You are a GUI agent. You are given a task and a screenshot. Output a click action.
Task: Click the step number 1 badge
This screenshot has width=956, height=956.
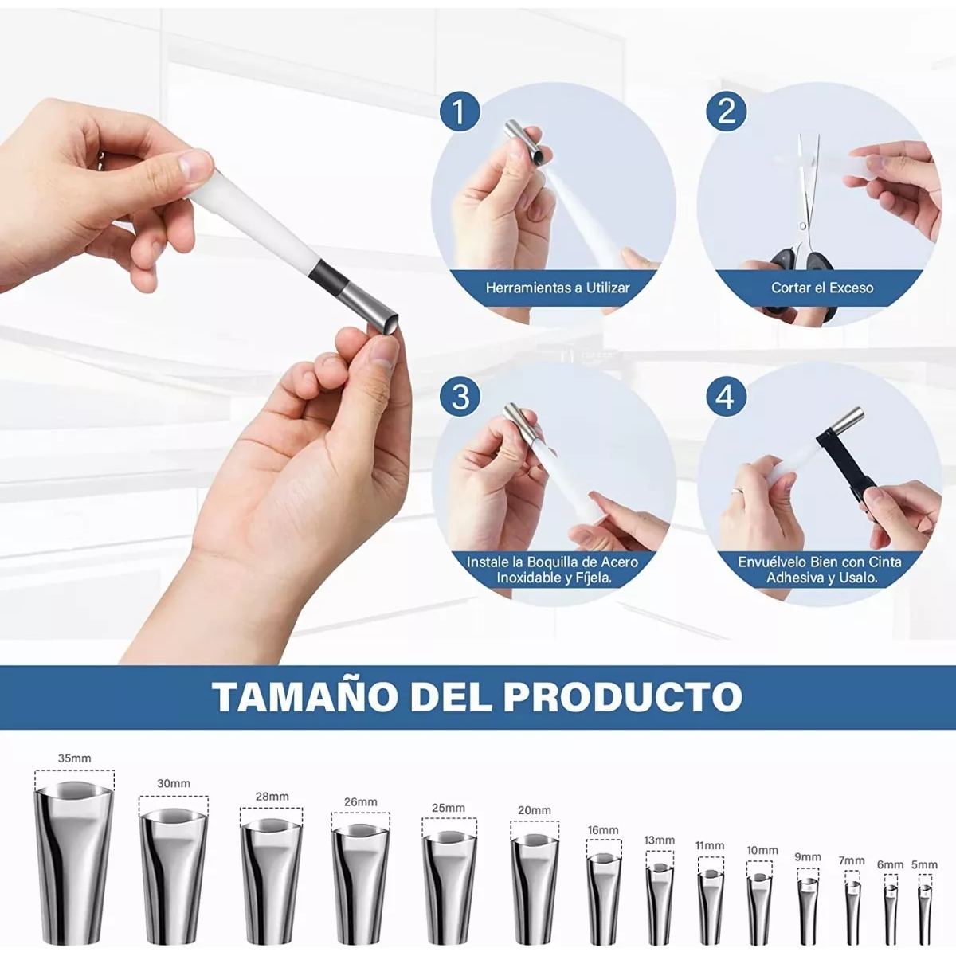point(460,112)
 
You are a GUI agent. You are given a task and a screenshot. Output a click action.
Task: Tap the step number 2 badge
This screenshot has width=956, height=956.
point(726,112)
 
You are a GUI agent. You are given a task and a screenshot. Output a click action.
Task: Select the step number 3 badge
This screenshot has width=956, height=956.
point(460,396)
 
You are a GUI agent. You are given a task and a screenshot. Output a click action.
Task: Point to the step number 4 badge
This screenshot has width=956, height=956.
point(726,396)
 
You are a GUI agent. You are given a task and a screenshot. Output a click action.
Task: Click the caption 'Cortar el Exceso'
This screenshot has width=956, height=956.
point(821,288)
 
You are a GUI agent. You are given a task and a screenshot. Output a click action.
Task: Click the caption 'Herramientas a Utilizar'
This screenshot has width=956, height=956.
point(558,288)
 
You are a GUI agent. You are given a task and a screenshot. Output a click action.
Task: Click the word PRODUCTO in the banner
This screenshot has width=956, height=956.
point(622,696)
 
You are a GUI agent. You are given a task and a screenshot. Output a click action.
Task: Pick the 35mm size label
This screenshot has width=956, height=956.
point(74,758)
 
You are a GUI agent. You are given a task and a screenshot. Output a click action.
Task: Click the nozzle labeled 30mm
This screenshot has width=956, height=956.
point(173,876)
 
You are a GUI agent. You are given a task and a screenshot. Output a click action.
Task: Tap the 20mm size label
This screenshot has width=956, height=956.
point(534,810)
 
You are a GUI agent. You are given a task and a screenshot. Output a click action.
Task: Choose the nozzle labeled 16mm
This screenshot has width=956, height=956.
point(603,896)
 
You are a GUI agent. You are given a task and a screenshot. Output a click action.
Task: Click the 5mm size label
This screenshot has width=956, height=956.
point(924,864)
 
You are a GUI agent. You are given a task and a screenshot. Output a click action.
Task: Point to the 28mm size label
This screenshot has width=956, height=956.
point(272,797)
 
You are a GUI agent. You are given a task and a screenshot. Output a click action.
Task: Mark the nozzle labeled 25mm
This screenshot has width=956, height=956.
point(449,884)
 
